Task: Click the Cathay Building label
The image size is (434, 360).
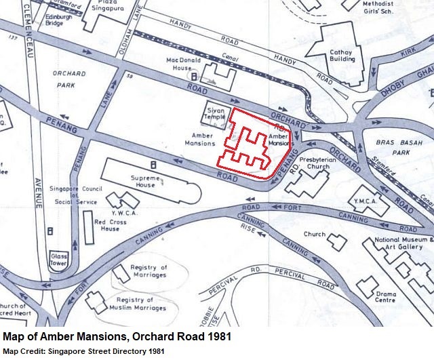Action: pos(342,55)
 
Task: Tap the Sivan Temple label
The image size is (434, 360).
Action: pos(215,111)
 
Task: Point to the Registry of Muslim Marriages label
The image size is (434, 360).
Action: pos(141,304)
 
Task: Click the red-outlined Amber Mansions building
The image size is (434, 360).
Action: pos(249,142)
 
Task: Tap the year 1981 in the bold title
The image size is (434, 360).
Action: pos(218,336)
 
